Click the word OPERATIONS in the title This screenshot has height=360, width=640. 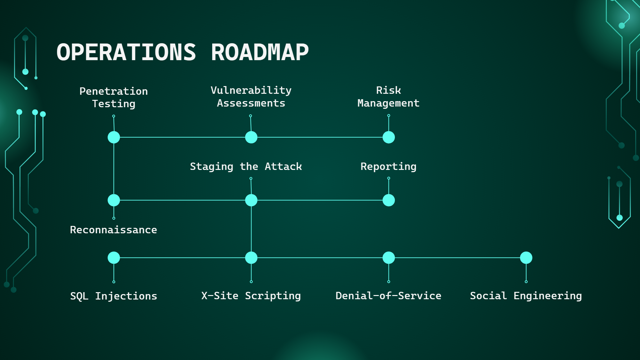(126, 52)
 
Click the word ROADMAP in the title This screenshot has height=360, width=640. (260, 52)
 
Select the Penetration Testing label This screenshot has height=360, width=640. (114, 98)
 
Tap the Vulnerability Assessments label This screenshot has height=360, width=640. (251, 97)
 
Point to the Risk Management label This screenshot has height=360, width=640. (388, 97)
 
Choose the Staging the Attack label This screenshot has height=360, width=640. (246, 167)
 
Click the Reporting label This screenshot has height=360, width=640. (388, 167)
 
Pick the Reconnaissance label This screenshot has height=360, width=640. (114, 230)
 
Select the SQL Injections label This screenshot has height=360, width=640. (114, 296)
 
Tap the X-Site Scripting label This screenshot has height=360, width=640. (251, 296)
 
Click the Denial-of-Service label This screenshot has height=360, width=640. (388, 296)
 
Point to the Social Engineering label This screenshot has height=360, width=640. (526, 296)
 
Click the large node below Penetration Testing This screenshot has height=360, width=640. (114, 137)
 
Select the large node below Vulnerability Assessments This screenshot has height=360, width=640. (251, 137)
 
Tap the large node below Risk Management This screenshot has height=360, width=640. (389, 137)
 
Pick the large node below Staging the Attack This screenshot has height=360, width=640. (251, 200)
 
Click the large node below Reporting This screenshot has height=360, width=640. (389, 200)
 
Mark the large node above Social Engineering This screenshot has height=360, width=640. (526, 258)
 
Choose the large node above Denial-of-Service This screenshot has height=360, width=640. (389, 258)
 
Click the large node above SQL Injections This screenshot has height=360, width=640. (114, 258)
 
